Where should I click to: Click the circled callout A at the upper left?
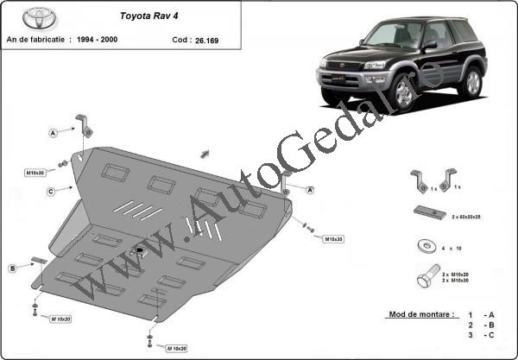[54, 133]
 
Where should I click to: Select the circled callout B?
[13, 268]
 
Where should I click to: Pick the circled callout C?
[52, 191]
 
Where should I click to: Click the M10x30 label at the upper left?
[35, 173]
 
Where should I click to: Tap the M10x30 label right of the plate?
[334, 238]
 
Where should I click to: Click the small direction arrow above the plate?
[205, 154]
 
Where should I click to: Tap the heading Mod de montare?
[414, 315]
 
